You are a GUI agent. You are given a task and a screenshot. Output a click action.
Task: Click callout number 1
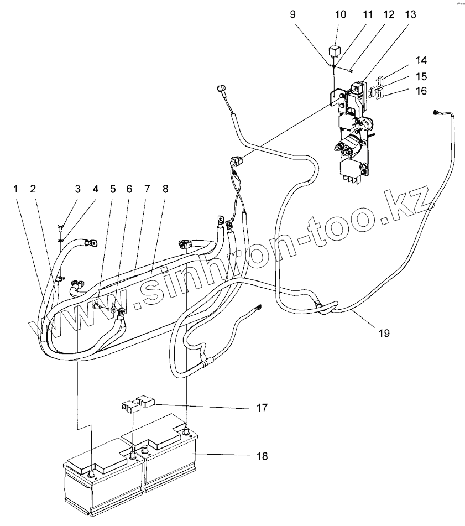coord(17,189)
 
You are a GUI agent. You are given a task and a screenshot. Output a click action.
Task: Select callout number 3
coord(78,189)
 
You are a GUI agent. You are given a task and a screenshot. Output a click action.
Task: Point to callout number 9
coord(293,15)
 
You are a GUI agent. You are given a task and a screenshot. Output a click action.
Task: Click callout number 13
coord(410,15)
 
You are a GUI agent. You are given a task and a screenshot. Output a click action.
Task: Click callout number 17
coord(262,408)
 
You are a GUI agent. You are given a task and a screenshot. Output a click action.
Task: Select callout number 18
coord(262,456)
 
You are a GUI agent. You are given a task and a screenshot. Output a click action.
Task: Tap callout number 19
coord(384,333)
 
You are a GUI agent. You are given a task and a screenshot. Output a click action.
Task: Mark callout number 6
coord(130,189)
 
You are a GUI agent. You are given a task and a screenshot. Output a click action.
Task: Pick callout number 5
coord(113,189)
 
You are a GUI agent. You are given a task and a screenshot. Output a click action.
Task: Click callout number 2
coord(33,189)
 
